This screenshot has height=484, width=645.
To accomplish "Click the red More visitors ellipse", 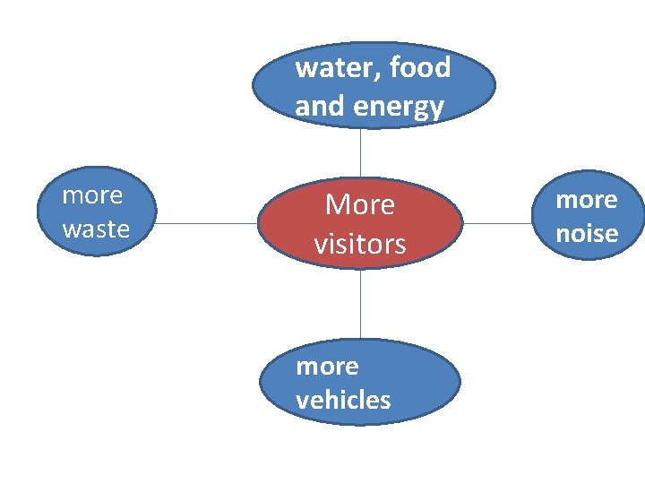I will [360, 224].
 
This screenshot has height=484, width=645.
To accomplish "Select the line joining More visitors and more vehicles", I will [360, 305].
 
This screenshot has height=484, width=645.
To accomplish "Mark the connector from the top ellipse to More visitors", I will [360, 152].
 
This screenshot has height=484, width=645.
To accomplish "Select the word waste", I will [96, 229].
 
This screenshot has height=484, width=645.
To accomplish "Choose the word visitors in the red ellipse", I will [360, 244].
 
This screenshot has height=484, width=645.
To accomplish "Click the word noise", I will [587, 234].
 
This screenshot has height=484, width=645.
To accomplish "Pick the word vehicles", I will [343, 400].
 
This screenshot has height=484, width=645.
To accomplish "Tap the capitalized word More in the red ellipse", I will [360, 205].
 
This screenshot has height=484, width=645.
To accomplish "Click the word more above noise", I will [587, 199].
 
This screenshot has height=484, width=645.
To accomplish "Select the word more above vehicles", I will [327, 366].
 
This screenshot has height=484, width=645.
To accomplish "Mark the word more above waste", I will [92, 194].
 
